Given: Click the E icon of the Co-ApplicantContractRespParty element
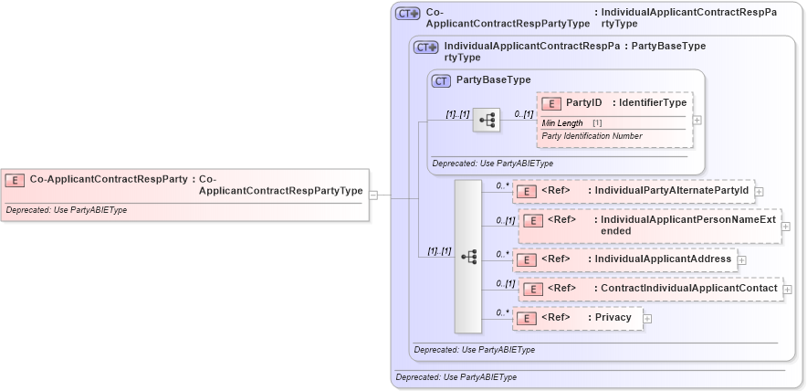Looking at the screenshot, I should (16, 180).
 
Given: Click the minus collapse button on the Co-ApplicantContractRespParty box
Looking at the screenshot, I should (373, 195).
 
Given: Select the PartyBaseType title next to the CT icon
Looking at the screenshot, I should (493, 80).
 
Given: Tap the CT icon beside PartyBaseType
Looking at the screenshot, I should (442, 80).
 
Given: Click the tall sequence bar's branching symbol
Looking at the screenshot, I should (467, 257).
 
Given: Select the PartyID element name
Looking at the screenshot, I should (583, 103).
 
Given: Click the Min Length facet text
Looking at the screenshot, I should (562, 122).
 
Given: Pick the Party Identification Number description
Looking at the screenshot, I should (592, 136).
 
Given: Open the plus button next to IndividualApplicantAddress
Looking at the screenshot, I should (741, 259).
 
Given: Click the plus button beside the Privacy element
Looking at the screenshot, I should (647, 318).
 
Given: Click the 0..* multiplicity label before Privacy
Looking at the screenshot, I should (501, 312).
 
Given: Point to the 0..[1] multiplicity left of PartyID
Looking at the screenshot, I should (523, 114).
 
